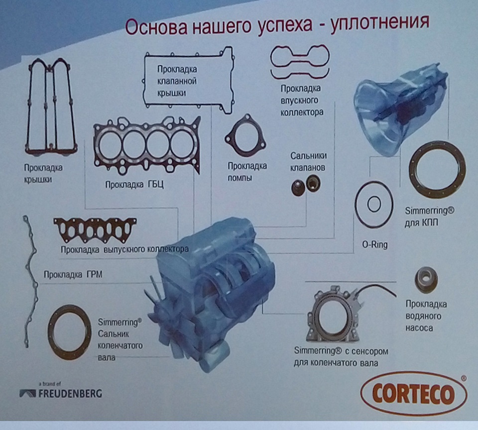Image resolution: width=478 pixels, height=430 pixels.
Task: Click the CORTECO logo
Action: tap(413, 394)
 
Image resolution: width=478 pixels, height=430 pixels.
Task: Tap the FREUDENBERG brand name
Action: tap(70, 394)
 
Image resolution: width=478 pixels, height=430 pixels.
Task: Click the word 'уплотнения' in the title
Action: tap(380, 22)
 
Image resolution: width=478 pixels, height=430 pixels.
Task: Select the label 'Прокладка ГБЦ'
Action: tap(134, 185)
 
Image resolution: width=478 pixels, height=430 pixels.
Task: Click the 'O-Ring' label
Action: tap(374, 244)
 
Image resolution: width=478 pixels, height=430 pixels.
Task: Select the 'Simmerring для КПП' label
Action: tap(430, 216)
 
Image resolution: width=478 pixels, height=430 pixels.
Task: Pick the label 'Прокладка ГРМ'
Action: tap(73, 275)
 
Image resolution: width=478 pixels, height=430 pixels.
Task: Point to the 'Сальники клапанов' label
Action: tap(308, 162)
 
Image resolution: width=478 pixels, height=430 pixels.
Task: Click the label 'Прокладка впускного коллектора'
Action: tap(302, 100)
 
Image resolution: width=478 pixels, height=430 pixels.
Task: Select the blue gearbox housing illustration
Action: tap(399, 109)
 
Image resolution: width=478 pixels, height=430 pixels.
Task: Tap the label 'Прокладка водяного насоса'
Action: tap(426, 316)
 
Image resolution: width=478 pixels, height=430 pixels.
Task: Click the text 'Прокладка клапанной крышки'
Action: tap(177, 81)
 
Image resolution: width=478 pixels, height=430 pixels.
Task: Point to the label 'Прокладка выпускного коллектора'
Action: tap(124, 249)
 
